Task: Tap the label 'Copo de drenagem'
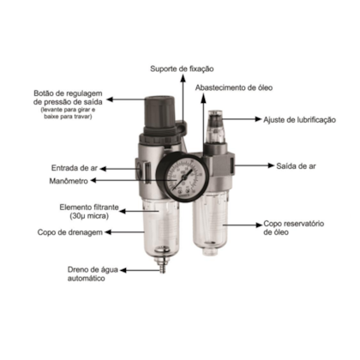click(64, 231)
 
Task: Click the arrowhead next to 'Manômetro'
click(96, 182)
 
